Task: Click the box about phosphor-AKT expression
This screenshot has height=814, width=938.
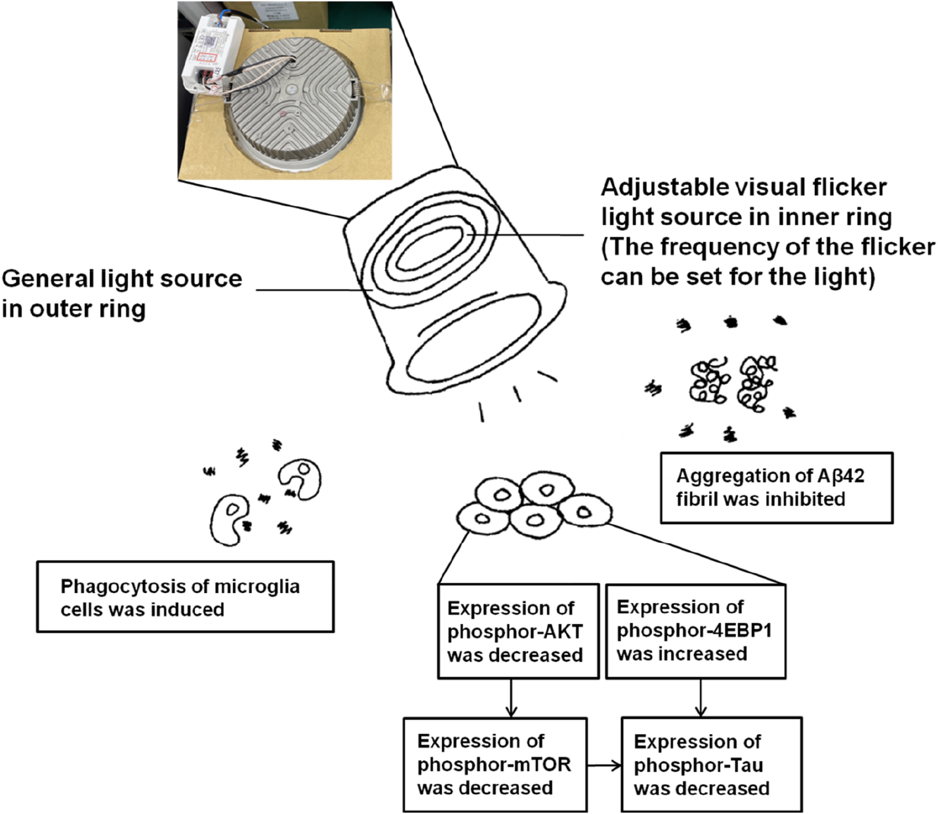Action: tap(518, 631)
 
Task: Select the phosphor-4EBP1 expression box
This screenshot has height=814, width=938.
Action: tap(696, 631)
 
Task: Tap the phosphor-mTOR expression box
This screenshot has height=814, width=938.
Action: tap(495, 765)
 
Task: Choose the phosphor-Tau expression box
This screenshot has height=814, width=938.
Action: tap(711, 765)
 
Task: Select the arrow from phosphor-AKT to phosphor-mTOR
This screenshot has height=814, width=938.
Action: tap(512, 699)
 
